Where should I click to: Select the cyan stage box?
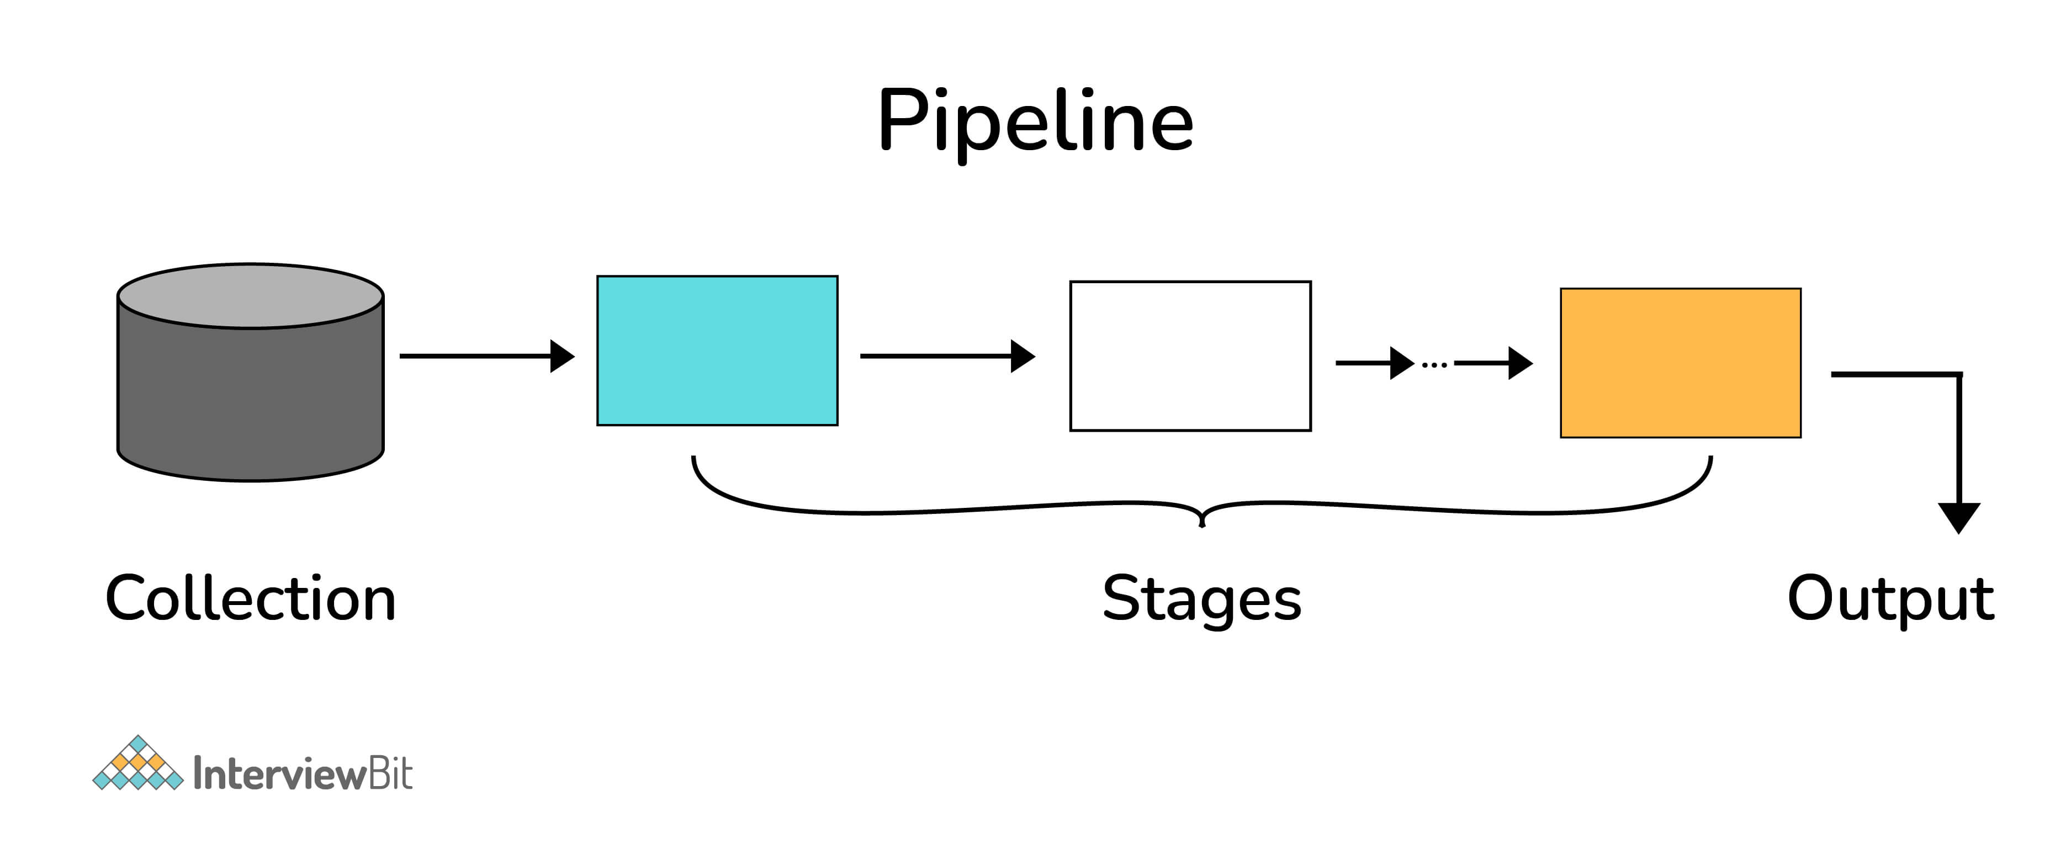[717, 351]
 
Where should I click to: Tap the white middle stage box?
[1190, 356]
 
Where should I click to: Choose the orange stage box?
[1680, 363]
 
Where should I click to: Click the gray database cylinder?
[250, 394]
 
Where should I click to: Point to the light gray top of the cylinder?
[250, 295]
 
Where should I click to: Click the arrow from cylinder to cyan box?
[483, 356]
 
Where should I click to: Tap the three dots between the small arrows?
[1434, 365]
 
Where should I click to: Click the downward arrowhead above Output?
[1958, 517]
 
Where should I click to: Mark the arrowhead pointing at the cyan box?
[563, 356]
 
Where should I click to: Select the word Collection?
[250, 599]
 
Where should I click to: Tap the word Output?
[1890, 599]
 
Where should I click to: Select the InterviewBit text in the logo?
[303, 773]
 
